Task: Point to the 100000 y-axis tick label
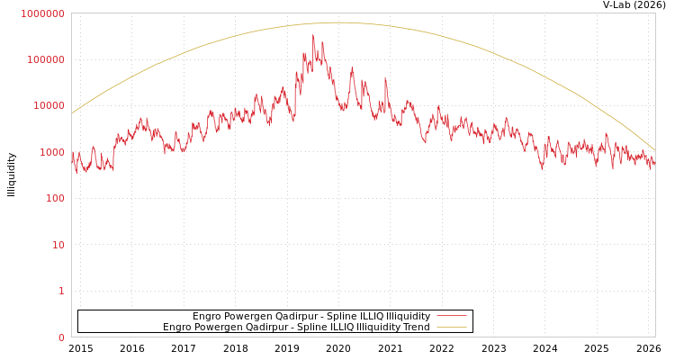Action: click(45, 59)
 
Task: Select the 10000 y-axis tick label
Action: click(48, 105)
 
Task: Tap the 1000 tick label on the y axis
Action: click(50, 152)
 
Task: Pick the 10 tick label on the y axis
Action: click(57, 245)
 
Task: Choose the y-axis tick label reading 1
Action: click(61, 291)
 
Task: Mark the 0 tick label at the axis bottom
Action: click(61, 337)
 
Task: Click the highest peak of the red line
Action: click(313, 36)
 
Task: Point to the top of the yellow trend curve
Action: click(339, 22)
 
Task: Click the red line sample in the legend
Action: click(451, 316)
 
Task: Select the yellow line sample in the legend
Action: click(451, 327)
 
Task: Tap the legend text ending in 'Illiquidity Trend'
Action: click(296, 327)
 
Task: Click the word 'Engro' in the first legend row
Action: click(208, 316)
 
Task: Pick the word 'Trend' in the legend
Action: click(416, 327)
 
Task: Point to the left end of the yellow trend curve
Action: click(72, 113)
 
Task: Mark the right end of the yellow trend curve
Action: click(654, 149)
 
